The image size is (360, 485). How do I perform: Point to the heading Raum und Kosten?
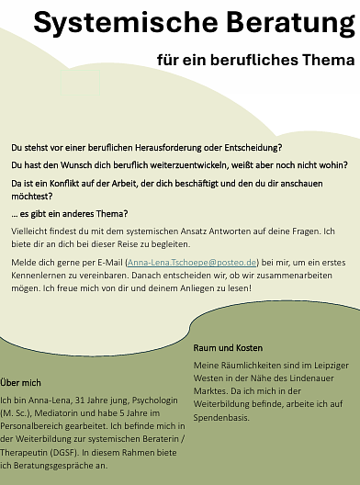point(228,348)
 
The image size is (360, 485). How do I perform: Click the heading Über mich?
point(23,381)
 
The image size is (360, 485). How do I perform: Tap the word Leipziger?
point(321,366)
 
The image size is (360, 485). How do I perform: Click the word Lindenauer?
point(321,379)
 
